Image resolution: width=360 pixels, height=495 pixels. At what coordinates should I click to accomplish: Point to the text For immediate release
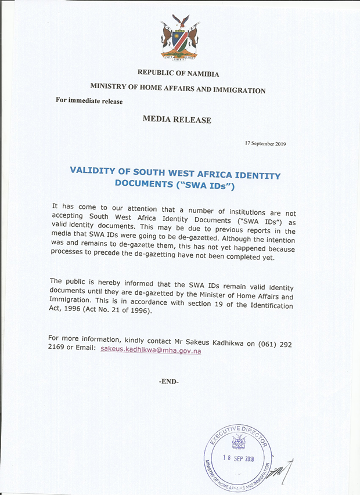(x=89, y=100)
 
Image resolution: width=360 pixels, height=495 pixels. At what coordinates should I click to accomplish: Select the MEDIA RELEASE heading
(x=177, y=120)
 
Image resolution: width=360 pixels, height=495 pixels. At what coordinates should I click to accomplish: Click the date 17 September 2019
(x=266, y=143)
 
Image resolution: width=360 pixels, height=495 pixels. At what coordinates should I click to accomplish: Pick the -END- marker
(x=168, y=381)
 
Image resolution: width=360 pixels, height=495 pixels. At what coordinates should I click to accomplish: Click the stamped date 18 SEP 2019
(x=239, y=458)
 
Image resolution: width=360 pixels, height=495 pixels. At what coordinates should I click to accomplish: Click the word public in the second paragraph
(x=76, y=281)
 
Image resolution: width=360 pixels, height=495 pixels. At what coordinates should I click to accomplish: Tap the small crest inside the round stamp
(x=238, y=443)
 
